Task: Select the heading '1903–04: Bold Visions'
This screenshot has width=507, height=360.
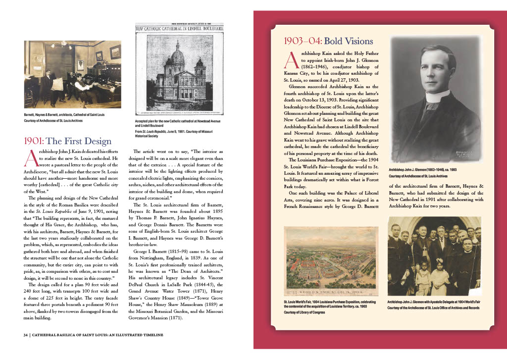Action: point(328,41)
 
